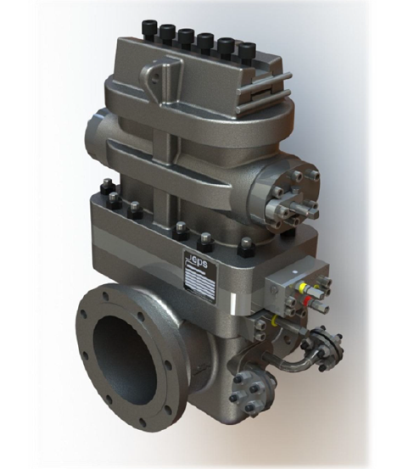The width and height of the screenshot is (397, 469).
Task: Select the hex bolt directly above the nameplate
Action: pos(204,241)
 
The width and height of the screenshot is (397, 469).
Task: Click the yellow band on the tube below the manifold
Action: pos(275,322)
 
